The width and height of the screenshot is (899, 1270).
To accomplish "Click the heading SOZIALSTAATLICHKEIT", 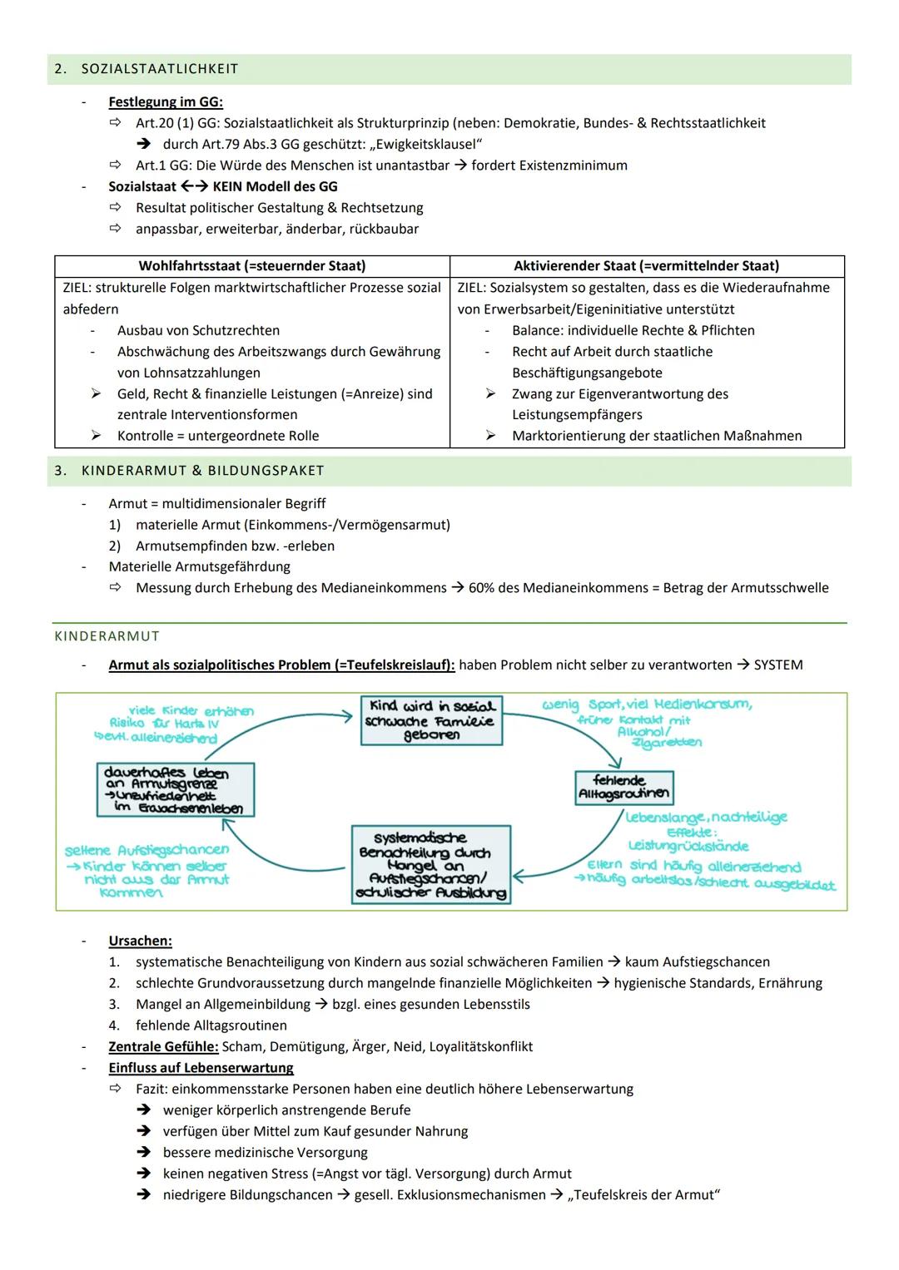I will tap(159, 69).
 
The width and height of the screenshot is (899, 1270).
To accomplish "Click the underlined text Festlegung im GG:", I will tap(166, 102).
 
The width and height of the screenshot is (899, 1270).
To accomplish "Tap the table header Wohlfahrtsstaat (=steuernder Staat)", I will tap(251, 266).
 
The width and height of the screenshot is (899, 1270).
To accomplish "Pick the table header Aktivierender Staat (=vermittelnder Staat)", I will tap(646, 266).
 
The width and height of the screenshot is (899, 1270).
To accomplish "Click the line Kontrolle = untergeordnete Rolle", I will tap(217, 436).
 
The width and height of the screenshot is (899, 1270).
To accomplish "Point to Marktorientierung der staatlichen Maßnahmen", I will tap(657, 436).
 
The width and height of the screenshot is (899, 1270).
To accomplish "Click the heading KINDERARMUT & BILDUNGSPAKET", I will tap(202, 471).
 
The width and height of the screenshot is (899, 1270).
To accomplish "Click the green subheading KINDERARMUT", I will tap(107, 636).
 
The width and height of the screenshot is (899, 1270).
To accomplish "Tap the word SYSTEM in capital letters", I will tap(778, 665).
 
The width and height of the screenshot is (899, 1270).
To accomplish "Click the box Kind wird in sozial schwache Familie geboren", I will tap(431, 720).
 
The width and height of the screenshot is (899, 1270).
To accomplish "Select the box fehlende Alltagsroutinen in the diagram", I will tap(623, 787).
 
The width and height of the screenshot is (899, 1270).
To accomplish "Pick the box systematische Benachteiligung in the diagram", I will tap(430, 864).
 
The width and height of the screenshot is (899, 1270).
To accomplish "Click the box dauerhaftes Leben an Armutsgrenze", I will tap(174, 789).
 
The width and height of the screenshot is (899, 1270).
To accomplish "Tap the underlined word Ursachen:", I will tap(140, 941).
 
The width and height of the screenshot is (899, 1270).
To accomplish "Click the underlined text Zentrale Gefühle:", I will tap(163, 1046).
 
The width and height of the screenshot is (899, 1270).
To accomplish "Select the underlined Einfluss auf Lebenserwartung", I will tap(201, 1068).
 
